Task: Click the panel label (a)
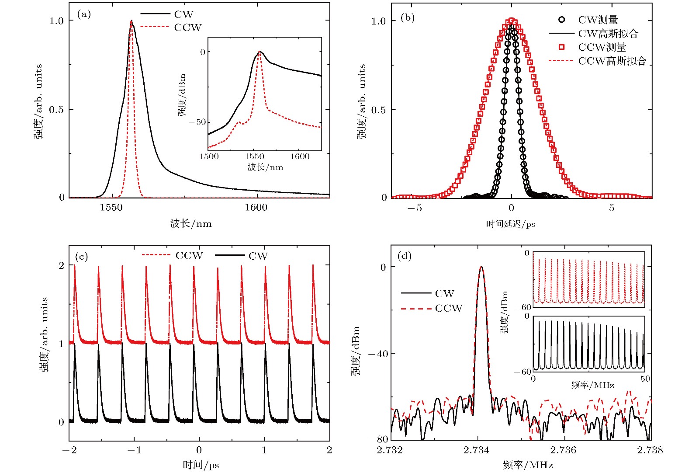point(84,14)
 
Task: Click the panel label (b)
point(407,18)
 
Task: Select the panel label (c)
point(82,256)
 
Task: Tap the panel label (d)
point(404,256)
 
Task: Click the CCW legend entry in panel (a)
point(188,28)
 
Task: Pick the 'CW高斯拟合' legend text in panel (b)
point(608,34)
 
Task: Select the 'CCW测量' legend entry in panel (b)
point(602,47)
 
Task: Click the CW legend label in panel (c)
point(258,256)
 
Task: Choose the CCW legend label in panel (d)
point(449,308)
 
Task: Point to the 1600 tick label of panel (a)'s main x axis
point(256,207)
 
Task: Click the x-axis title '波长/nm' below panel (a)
point(191,224)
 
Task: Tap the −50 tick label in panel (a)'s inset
point(197,122)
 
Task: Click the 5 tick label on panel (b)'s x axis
point(612,208)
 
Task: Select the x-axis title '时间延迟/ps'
point(511,224)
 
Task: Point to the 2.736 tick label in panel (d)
point(563,450)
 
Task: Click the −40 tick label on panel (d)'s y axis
point(378,354)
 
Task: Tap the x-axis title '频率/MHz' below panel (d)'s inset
point(592,385)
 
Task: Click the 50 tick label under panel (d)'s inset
point(645,379)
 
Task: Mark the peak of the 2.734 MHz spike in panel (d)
point(481,267)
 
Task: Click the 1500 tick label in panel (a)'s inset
point(209,157)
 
